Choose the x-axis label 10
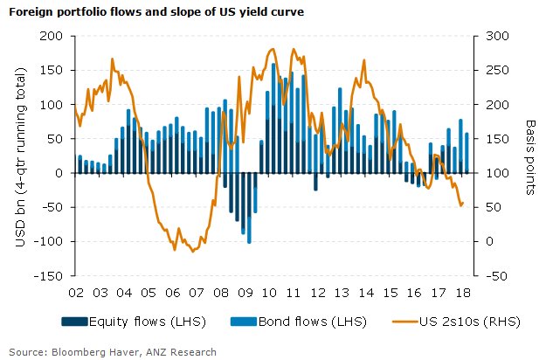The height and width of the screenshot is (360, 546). (272, 293)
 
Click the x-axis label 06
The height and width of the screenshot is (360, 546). (173, 293)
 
